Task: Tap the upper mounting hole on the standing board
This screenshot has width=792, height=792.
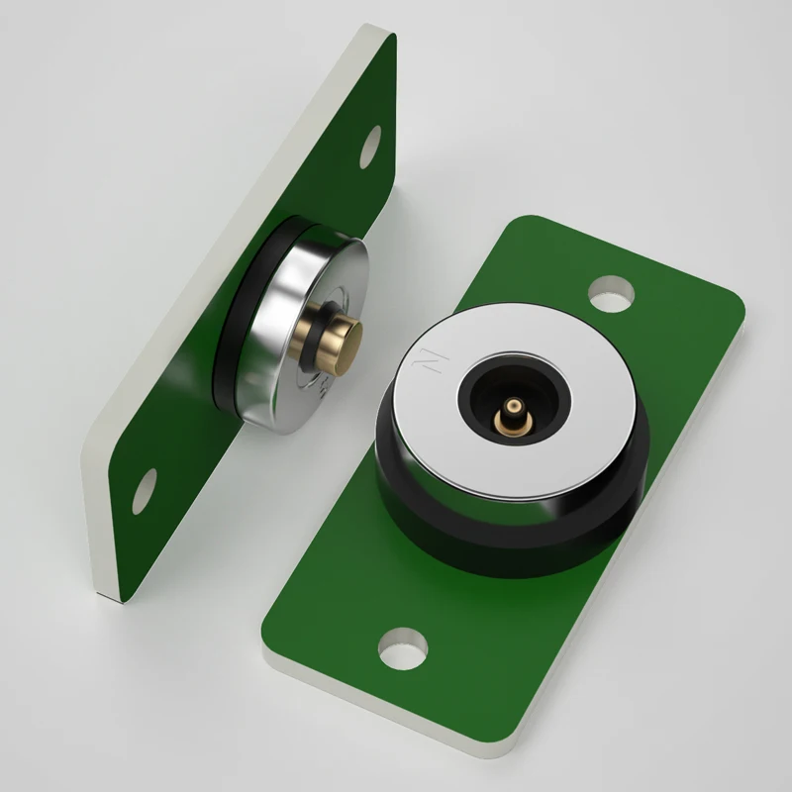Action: coord(371,145)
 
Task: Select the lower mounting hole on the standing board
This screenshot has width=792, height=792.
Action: coord(145,484)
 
